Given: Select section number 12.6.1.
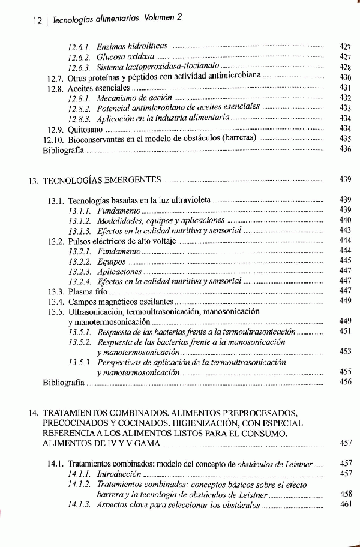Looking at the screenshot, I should [79, 46].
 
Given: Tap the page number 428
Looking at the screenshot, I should [344, 68].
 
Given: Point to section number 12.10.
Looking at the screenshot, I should [53, 139].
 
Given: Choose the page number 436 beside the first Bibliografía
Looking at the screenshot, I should [344, 149].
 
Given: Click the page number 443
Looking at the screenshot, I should [344, 230].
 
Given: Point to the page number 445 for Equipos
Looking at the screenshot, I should [344, 260].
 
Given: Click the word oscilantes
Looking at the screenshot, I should [155, 301].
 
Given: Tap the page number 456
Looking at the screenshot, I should [344, 382].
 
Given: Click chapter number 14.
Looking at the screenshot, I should [34, 413].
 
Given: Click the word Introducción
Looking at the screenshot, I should [116, 474].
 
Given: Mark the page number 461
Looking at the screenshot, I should [344, 504].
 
